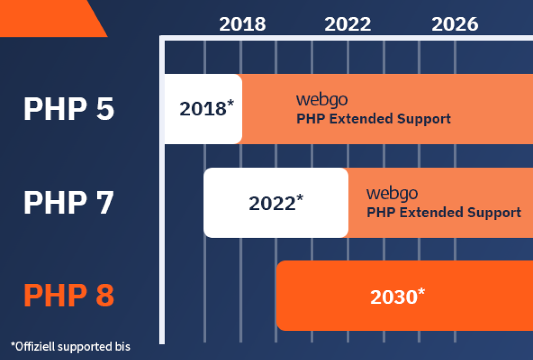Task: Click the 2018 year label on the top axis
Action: pyautogui.click(x=242, y=24)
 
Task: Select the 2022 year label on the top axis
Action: pyautogui.click(x=348, y=24)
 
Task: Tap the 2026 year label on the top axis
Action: pyautogui.click(x=454, y=24)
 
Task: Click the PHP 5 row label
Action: pyautogui.click(x=69, y=109)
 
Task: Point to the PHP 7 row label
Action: pyautogui.click(x=69, y=203)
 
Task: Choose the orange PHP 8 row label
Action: pyautogui.click(x=69, y=295)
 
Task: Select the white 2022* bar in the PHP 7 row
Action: pyautogui.click(x=276, y=203)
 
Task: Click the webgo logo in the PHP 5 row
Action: pyautogui.click(x=322, y=100)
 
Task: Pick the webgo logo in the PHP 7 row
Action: pyautogui.click(x=392, y=193)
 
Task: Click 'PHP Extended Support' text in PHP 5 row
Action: pyautogui.click(x=374, y=119)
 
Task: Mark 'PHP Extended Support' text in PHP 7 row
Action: pyautogui.click(x=444, y=213)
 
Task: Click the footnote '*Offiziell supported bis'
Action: pyautogui.click(x=70, y=346)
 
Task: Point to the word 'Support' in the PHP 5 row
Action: pyautogui.click(x=424, y=119)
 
